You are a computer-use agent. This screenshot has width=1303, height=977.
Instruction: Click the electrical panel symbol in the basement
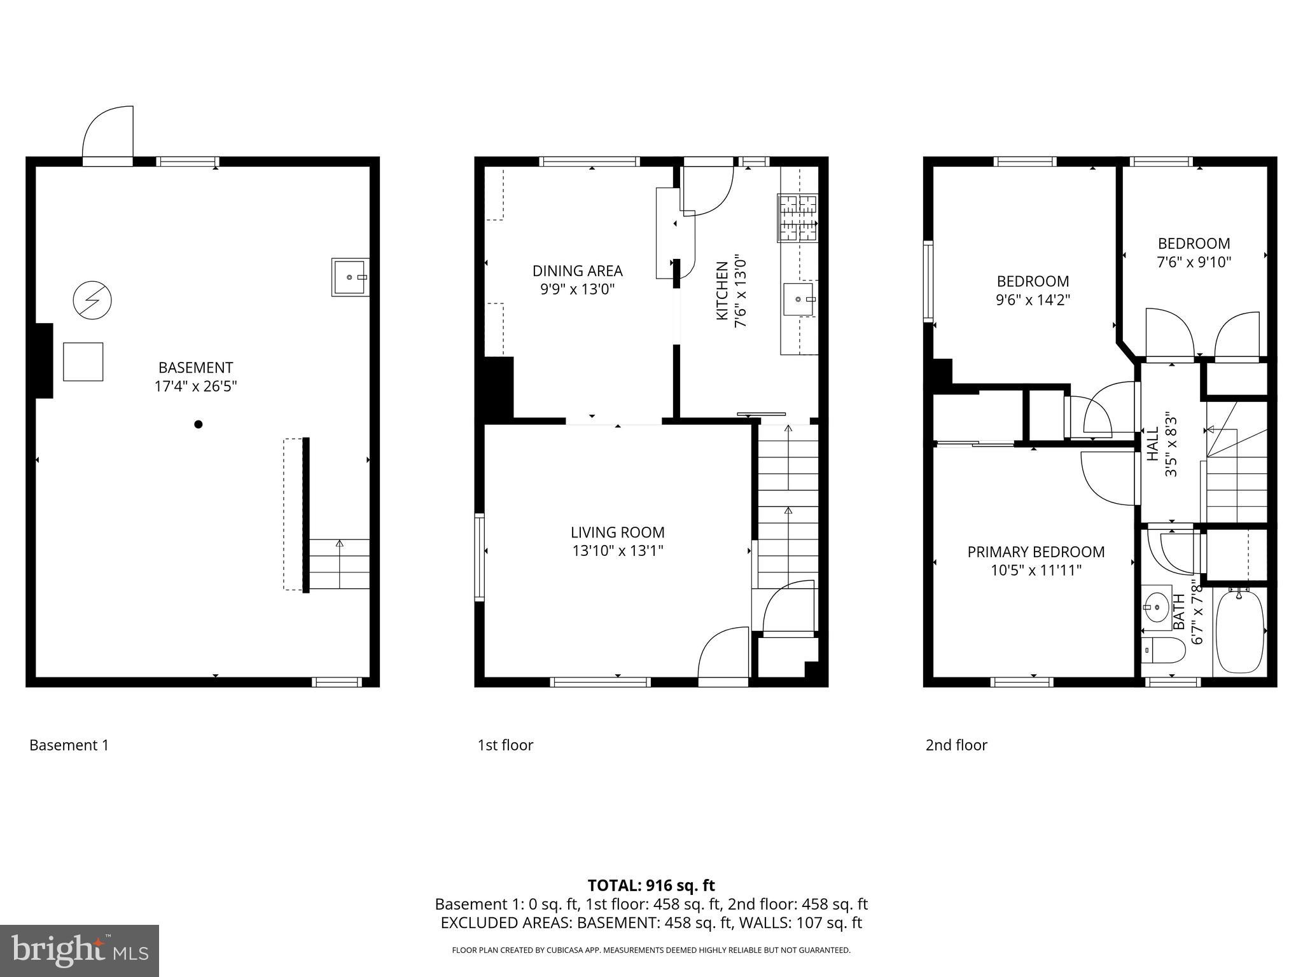tap(92, 300)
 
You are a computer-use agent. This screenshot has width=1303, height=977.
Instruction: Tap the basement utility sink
tap(350, 277)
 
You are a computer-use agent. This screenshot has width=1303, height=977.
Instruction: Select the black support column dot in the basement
tap(199, 424)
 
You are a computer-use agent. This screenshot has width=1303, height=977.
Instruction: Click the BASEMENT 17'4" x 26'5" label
tap(195, 377)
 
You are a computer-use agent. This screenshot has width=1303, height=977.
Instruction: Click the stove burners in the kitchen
tap(797, 218)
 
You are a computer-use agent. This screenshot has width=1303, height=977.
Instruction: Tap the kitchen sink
tap(798, 299)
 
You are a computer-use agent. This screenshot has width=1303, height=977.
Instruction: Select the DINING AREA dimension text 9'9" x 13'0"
tap(577, 289)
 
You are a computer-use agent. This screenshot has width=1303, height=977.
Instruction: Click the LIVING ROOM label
tap(617, 532)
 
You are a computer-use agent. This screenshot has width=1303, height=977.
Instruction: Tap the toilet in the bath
tap(1163, 650)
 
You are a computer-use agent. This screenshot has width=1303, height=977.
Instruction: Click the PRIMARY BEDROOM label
tap(1036, 552)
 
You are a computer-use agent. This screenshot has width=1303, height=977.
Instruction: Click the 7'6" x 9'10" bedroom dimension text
tap(1194, 262)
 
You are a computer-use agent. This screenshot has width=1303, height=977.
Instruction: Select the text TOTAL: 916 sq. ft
tap(651, 885)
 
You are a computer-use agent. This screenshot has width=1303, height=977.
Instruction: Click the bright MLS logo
tap(80, 951)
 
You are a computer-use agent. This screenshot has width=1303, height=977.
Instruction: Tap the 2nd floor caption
tap(956, 745)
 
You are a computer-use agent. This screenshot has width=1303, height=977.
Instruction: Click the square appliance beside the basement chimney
tap(83, 361)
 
